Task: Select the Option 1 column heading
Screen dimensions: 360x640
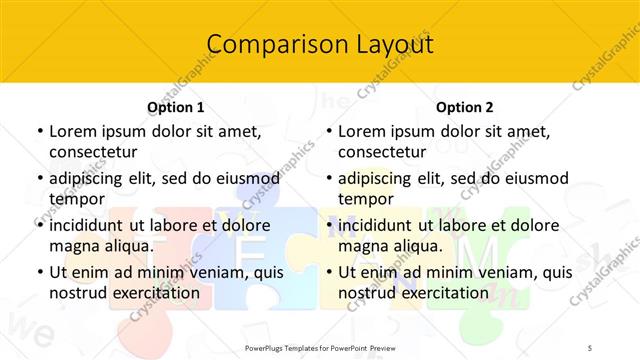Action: (x=176, y=107)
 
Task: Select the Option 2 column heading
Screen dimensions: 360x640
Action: (x=465, y=107)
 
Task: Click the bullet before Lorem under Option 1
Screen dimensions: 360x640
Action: (x=38, y=131)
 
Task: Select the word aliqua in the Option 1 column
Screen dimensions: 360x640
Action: (x=125, y=245)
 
